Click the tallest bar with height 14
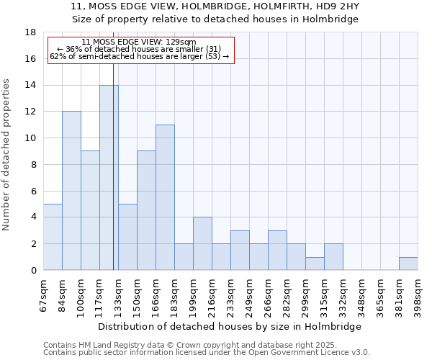pyautogui.click(x=109, y=178)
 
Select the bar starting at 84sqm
pyautogui.click(x=71, y=191)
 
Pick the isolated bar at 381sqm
pyautogui.click(x=408, y=264)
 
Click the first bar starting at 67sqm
pyautogui.click(x=53, y=237)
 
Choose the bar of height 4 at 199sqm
pyautogui.click(x=202, y=243)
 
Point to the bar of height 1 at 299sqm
pyautogui.click(x=315, y=264)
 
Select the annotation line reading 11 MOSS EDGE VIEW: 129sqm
pyautogui.click(x=138, y=42)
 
